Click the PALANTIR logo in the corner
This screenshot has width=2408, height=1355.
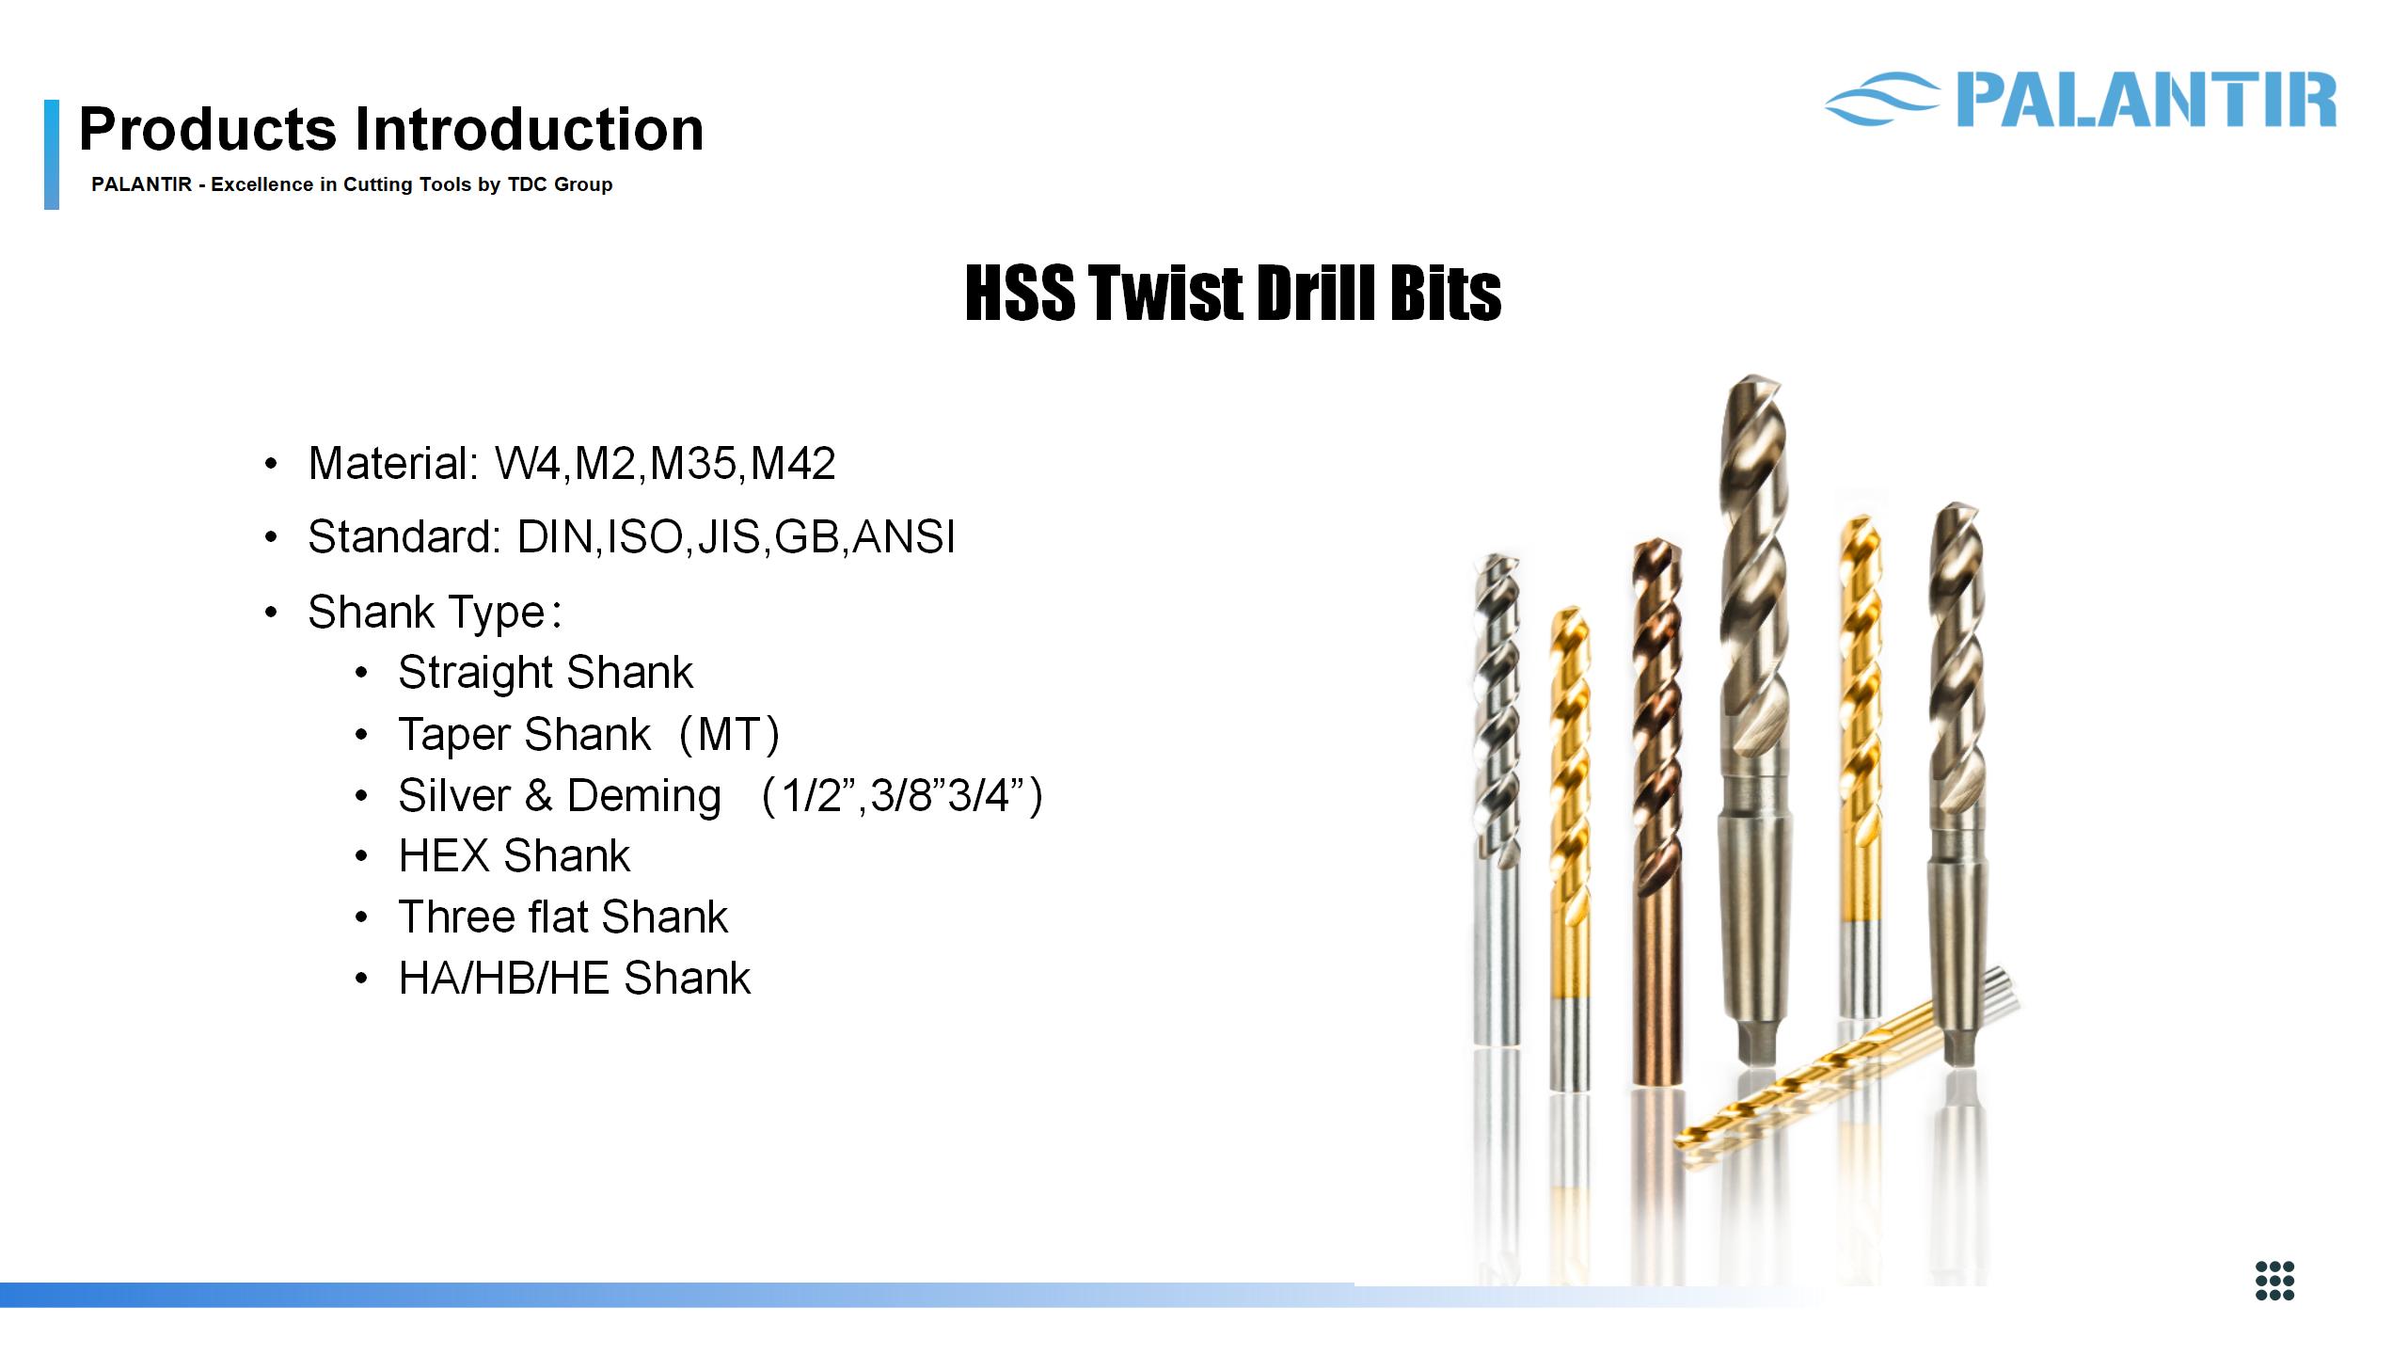[x=2081, y=99]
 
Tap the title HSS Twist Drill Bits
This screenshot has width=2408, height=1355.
[x=1233, y=293]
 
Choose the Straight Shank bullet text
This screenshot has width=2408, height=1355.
[x=546, y=672]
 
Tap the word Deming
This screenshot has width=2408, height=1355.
[x=644, y=795]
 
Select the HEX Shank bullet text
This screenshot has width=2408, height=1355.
[x=515, y=855]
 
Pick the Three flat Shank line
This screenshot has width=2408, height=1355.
[x=563, y=917]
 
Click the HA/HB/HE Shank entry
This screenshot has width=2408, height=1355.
[x=575, y=978]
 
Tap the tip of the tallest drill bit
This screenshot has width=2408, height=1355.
[x=1751, y=378]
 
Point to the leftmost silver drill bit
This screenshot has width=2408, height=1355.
[x=1496, y=799]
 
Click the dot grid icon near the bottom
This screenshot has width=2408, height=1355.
[x=2275, y=1280]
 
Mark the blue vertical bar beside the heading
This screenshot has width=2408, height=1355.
[x=52, y=154]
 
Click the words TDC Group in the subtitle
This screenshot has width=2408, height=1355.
[x=560, y=184]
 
